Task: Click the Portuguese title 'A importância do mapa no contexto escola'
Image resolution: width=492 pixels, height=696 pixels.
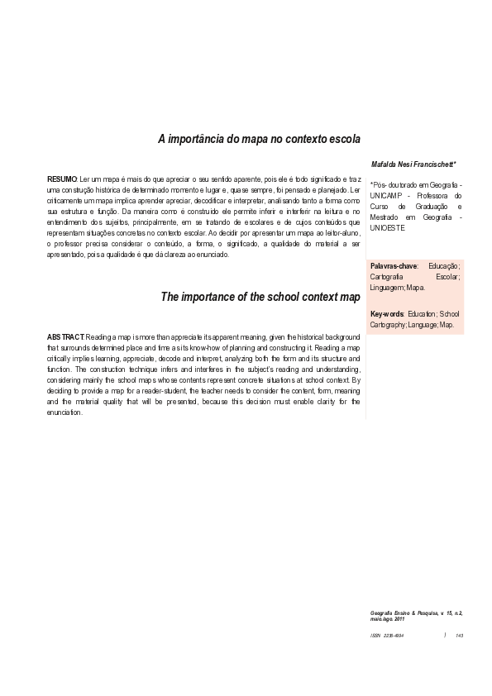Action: [259, 140]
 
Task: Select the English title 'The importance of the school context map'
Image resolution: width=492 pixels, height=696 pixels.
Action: [260, 296]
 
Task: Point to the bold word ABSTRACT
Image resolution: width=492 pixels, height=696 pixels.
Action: [65, 337]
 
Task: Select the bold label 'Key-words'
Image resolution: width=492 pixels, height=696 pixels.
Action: [387, 314]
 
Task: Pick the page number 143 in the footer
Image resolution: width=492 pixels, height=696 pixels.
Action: [458, 635]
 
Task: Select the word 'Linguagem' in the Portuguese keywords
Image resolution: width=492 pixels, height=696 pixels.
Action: [388, 288]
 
